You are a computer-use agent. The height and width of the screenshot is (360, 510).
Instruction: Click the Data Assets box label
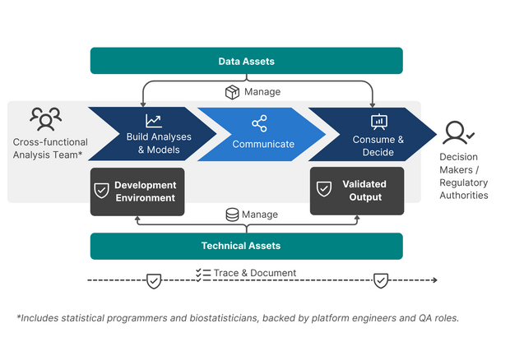tap(246, 62)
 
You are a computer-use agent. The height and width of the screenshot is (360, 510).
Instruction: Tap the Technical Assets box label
tap(241, 246)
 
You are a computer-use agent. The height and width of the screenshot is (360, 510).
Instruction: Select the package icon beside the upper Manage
tap(232, 92)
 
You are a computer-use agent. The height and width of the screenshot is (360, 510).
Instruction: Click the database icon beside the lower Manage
tap(232, 215)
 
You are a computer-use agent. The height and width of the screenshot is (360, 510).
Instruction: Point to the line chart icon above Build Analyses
tap(154, 121)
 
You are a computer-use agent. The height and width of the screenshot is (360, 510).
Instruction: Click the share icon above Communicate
tap(259, 123)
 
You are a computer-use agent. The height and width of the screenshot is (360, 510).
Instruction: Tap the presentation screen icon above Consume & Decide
tap(379, 122)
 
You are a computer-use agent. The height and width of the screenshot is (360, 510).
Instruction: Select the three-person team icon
tap(46, 119)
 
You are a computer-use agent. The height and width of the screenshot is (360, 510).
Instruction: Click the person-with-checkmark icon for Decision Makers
tap(458, 132)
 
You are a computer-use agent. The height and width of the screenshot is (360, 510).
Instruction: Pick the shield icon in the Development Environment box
tap(101, 191)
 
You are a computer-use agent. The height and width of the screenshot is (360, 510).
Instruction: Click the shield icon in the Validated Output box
tap(324, 189)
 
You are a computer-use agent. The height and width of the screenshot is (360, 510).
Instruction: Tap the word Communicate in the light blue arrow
tap(263, 144)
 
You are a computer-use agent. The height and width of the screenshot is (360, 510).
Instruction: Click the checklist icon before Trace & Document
tap(203, 275)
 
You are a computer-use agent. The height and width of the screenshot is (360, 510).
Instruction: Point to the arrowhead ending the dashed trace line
tap(435, 280)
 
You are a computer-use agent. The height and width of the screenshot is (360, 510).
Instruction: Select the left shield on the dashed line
tap(154, 281)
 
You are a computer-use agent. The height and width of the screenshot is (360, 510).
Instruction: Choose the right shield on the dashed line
tap(381, 281)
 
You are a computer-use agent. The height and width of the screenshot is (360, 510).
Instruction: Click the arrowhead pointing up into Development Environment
tap(137, 219)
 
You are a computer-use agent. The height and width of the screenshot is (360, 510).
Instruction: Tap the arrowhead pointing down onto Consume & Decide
tap(373, 105)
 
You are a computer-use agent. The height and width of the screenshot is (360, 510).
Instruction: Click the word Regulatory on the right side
tap(463, 183)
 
